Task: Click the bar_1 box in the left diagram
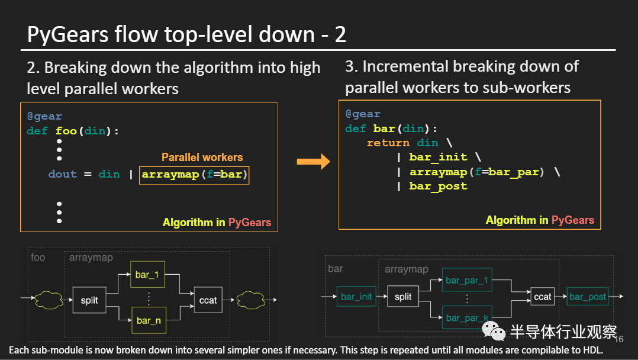click(x=147, y=275)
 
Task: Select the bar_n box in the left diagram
click(x=149, y=320)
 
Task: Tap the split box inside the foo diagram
click(x=89, y=300)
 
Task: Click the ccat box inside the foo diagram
click(x=208, y=300)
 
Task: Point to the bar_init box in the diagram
click(x=356, y=297)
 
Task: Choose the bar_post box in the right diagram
click(x=588, y=297)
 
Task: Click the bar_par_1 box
click(x=467, y=280)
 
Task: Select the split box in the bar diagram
click(x=403, y=297)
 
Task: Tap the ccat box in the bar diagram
click(x=542, y=297)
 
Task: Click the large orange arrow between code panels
click(x=313, y=162)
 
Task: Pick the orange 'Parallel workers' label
click(x=202, y=157)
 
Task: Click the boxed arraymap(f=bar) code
click(x=194, y=175)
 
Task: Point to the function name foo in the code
click(x=66, y=131)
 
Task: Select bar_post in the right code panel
click(x=438, y=187)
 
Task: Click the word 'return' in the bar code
click(x=388, y=143)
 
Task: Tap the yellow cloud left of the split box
click(x=49, y=300)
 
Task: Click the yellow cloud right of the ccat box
click(x=251, y=300)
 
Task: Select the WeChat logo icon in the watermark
click(x=494, y=330)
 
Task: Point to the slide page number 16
click(x=619, y=339)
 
